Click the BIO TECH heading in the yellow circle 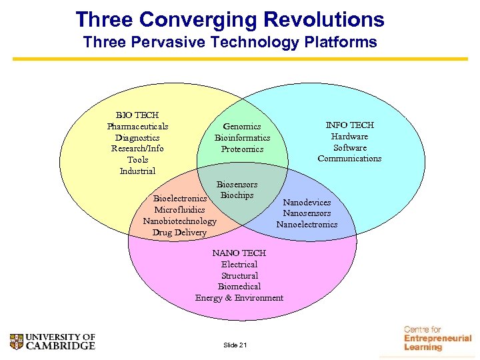click(137, 115)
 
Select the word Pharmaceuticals click(137, 126)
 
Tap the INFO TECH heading click(349, 125)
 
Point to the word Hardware click(349, 136)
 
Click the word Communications click(349, 159)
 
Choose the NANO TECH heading click(239, 253)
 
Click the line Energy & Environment click(239, 298)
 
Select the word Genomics click(242, 126)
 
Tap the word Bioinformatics click(242, 138)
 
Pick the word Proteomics click(242, 149)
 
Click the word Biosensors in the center click(237, 184)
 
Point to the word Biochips click(237, 195)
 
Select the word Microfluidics click(179, 210)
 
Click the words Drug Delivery click(179, 233)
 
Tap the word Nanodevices click(307, 202)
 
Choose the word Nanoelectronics click(307, 225)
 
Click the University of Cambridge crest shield click(17, 341)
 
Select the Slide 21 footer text click(235, 345)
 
